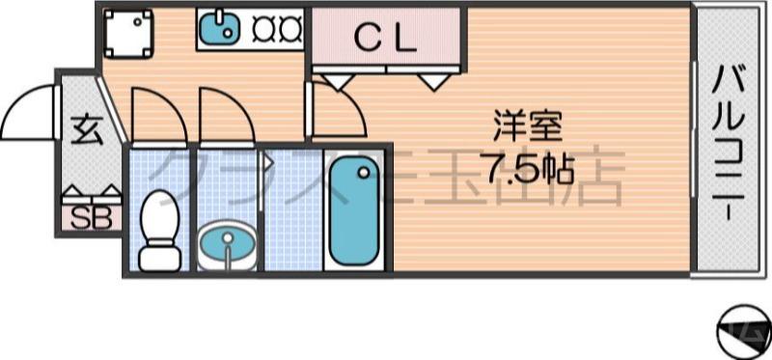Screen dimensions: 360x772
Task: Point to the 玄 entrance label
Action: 87,128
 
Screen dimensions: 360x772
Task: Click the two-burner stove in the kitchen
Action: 277,30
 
